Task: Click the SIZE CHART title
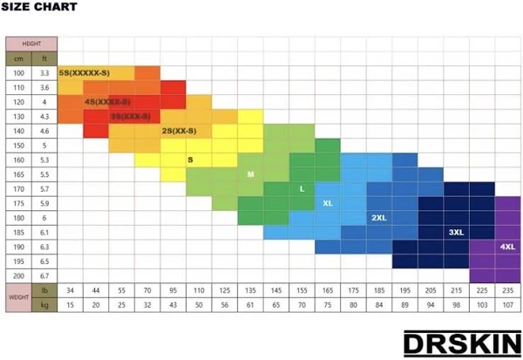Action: point(39,8)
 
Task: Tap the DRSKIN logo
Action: point(463,342)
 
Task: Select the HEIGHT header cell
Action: point(31,44)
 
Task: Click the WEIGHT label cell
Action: point(18,296)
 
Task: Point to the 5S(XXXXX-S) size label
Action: point(84,73)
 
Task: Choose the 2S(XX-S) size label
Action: point(179,131)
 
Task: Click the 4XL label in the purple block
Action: point(507,247)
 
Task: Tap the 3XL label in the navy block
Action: point(456,233)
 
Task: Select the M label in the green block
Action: point(250,174)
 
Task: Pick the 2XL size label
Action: point(379,218)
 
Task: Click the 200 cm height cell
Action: point(18,275)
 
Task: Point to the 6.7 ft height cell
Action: point(44,275)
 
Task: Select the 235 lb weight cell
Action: point(507,289)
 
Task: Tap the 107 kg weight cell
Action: point(507,304)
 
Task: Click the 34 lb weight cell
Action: point(71,289)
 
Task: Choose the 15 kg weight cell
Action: point(71,304)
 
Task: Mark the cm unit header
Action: point(18,58)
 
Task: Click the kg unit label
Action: point(44,304)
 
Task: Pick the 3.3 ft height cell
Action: point(44,73)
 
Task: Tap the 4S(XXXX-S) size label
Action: point(108,102)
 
